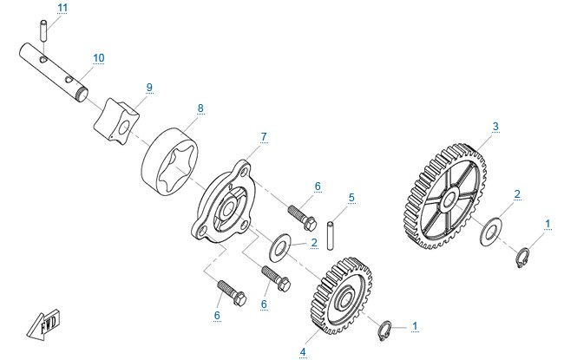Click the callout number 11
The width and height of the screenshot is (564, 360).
click(62, 8)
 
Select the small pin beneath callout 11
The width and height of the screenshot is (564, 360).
click(43, 31)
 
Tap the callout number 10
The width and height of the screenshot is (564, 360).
click(99, 58)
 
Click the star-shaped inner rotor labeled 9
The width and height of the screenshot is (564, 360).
click(116, 120)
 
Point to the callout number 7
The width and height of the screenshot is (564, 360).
click(264, 137)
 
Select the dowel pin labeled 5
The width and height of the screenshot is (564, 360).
click(331, 236)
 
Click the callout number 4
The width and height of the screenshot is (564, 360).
click(303, 352)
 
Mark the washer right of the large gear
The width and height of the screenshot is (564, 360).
click(492, 232)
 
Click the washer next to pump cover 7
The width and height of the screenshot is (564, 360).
click(280, 248)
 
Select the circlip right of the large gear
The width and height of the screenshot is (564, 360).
click(522, 258)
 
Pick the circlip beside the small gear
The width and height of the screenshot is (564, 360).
click(385, 330)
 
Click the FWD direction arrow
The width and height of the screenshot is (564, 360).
click(43, 324)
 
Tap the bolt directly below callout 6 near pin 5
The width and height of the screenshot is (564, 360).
click(302, 218)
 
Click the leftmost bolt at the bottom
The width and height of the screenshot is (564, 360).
click(232, 293)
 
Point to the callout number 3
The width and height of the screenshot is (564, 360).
click(495, 127)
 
